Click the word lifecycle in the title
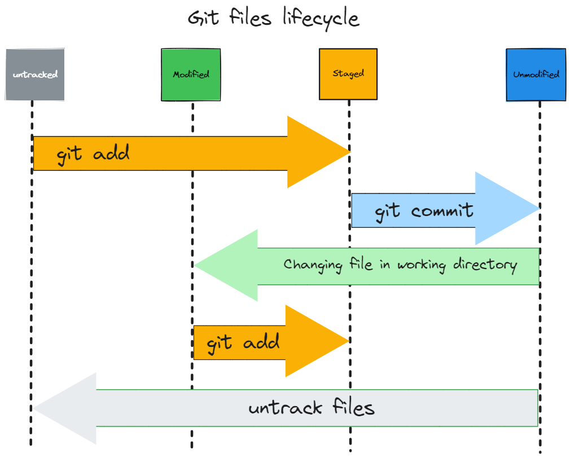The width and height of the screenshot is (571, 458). pyautogui.click(x=321, y=19)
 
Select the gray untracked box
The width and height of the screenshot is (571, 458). pyautogui.click(x=35, y=74)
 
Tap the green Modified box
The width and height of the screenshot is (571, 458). pyautogui.click(x=191, y=74)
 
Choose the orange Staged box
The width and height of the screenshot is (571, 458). pyautogui.click(x=348, y=74)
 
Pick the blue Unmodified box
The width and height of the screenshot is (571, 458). pyautogui.click(x=535, y=74)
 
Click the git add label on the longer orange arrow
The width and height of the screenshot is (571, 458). pyautogui.click(x=93, y=153)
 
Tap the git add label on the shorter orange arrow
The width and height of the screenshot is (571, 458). pyautogui.click(x=243, y=342)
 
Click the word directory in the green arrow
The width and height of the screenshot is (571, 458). pyautogui.click(x=485, y=265)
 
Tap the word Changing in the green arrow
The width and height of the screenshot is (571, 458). pyautogui.click(x=313, y=265)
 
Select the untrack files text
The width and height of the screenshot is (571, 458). pyautogui.click(x=311, y=407)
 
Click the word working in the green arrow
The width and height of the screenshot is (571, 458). pyautogui.click(x=421, y=265)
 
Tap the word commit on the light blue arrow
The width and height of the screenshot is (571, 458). pyautogui.click(x=442, y=212)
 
